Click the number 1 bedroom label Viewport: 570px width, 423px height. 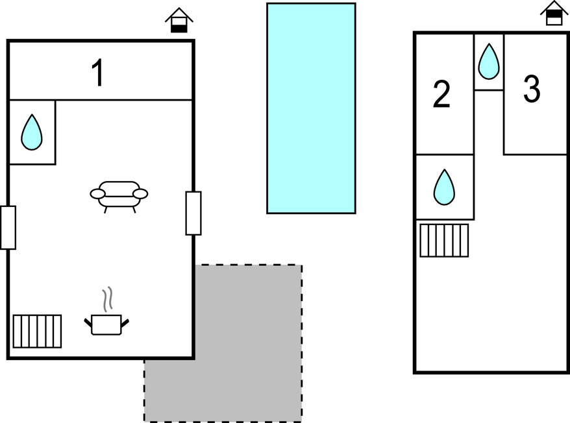pyautogui.click(x=98, y=73)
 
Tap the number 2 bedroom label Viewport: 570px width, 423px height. pyautogui.click(x=441, y=94)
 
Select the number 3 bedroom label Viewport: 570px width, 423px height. pyautogui.click(x=532, y=89)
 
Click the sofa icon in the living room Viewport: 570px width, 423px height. pyautogui.click(x=119, y=197)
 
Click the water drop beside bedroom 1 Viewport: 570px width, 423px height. pyautogui.click(x=32, y=132)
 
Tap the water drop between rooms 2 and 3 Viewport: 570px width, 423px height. pyautogui.click(x=489, y=62)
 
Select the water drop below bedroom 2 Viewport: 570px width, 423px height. pyautogui.click(x=444, y=187)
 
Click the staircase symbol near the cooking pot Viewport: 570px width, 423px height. pyautogui.click(x=37, y=332)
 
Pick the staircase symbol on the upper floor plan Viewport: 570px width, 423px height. pyautogui.click(x=444, y=241)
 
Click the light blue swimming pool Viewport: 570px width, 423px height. pyautogui.click(x=311, y=108)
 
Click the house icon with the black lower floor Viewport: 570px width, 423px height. pyautogui.click(x=179, y=20)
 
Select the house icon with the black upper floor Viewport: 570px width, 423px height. pyautogui.click(x=554, y=13)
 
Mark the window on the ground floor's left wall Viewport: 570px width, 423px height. pyautogui.click(x=8, y=228)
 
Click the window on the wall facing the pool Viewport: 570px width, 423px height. pyautogui.click(x=193, y=213)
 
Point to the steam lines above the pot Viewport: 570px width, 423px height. pyautogui.click(x=107, y=300)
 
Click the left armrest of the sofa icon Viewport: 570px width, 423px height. pyautogui.click(x=97, y=194)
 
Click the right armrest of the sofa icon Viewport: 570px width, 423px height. pyautogui.click(x=140, y=194)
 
